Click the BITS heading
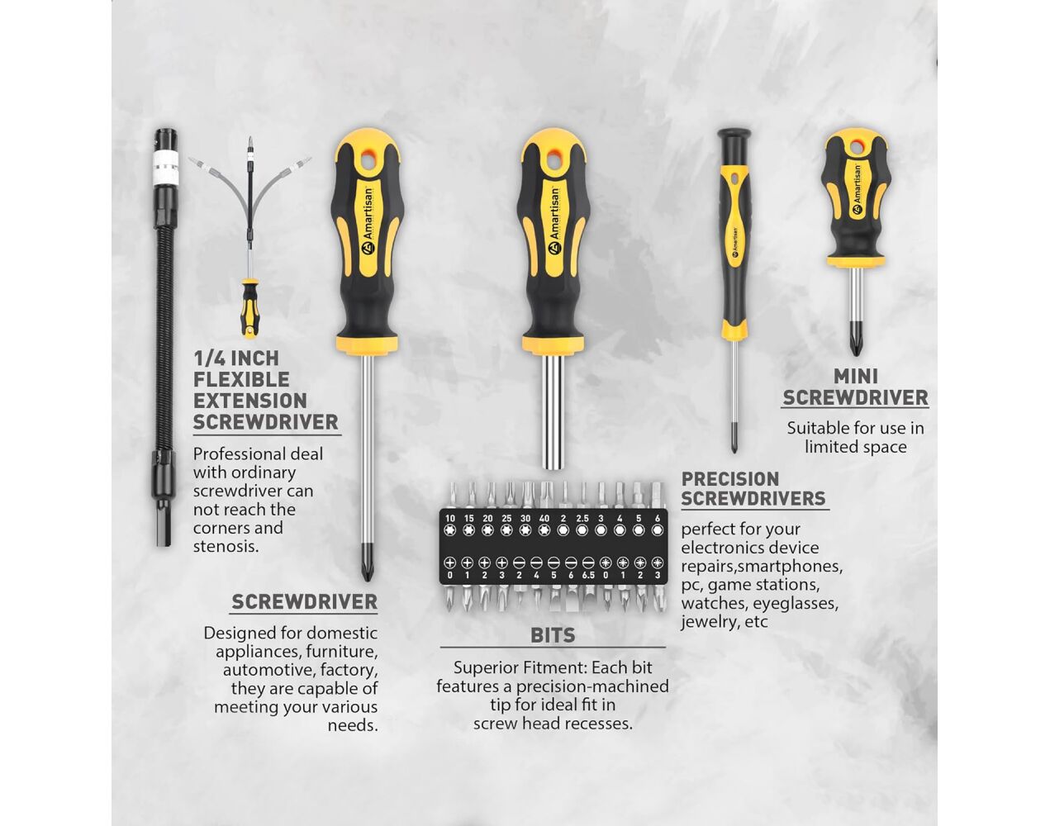tap(553, 635)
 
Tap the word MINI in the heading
tap(855, 377)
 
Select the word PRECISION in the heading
tap(730, 479)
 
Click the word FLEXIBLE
tap(241, 380)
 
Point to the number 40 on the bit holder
tap(544, 519)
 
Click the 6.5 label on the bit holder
tap(588, 575)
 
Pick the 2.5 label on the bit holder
tap(582, 519)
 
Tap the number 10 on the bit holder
tap(450, 519)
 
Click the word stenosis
tap(226, 547)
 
